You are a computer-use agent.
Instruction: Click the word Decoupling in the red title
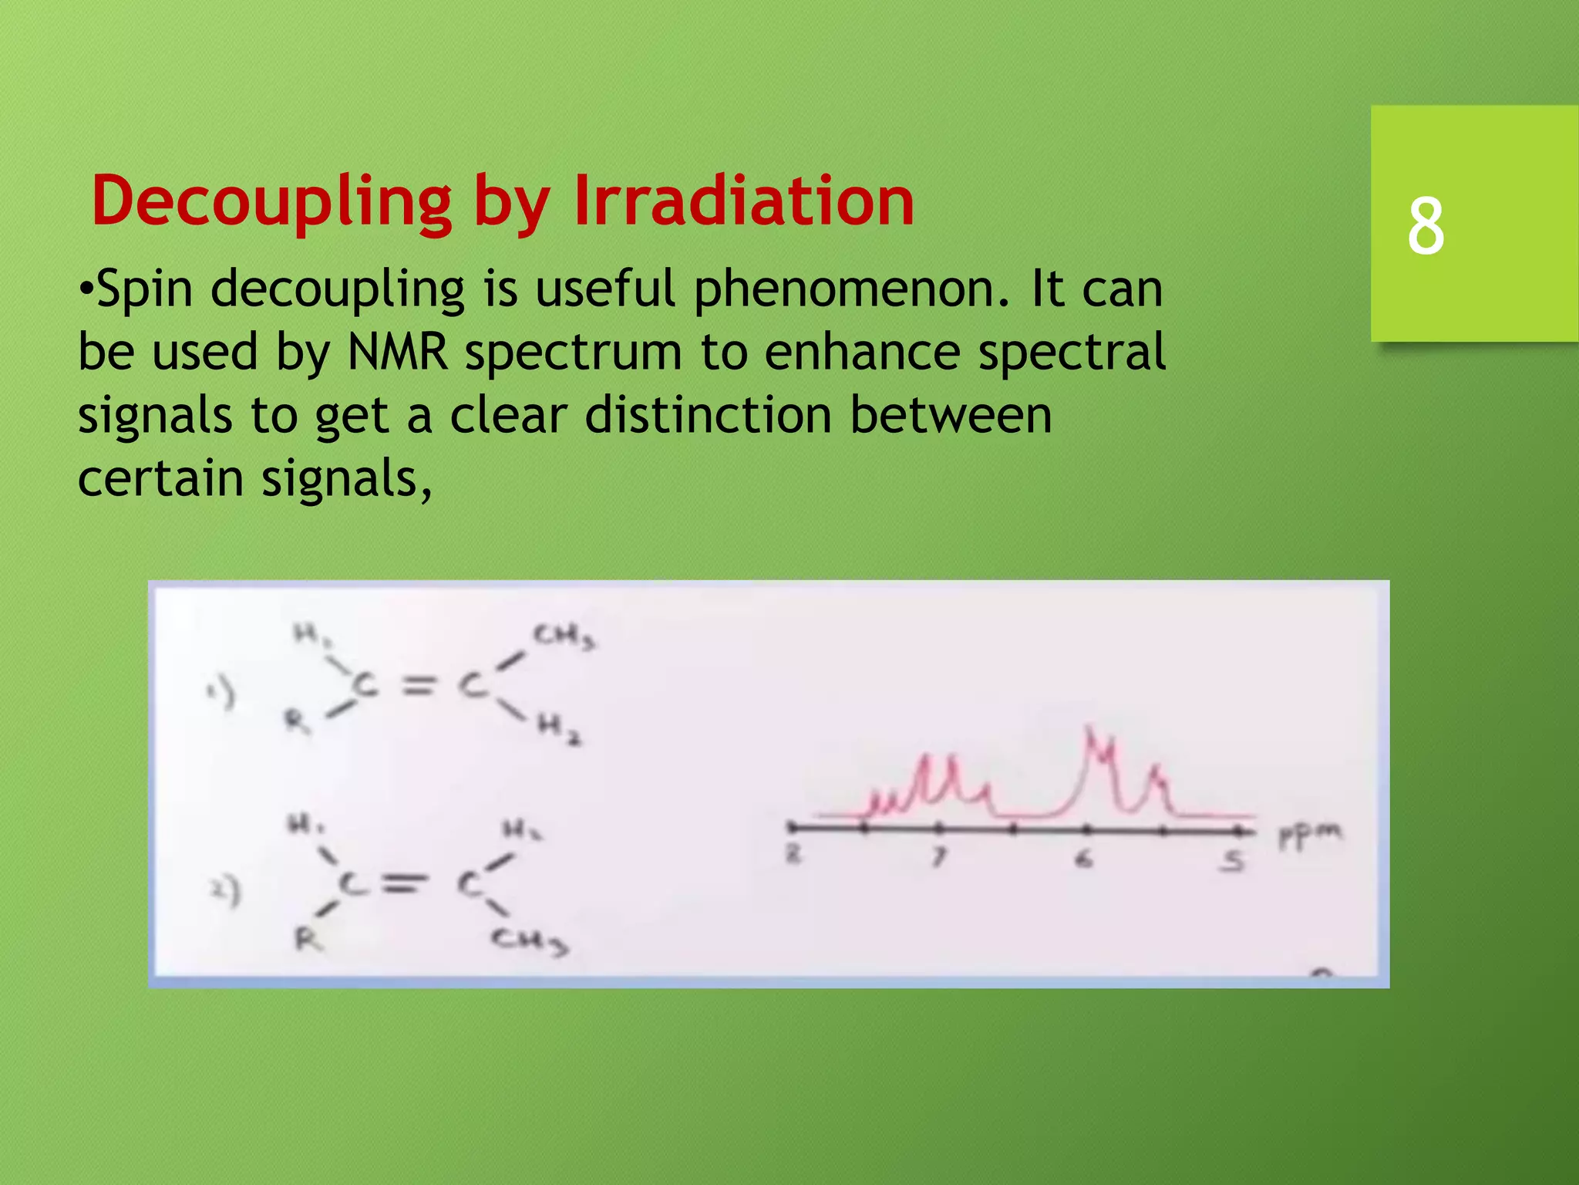tap(271, 202)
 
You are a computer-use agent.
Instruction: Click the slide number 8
tap(1426, 225)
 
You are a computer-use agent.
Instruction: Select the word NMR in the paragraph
tap(398, 353)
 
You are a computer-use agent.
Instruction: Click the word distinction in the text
tap(709, 416)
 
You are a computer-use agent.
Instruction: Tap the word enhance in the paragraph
tap(862, 353)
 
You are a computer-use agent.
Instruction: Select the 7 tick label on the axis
tap(938, 857)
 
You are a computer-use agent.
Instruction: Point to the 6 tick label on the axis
tap(1084, 859)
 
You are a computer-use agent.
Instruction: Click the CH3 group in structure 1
tap(564, 637)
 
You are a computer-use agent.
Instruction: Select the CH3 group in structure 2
tap(530, 941)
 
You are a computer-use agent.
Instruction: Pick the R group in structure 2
tap(308, 940)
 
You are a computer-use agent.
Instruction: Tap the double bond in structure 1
tap(417, 686)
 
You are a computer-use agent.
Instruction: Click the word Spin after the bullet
tap(144, 289)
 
